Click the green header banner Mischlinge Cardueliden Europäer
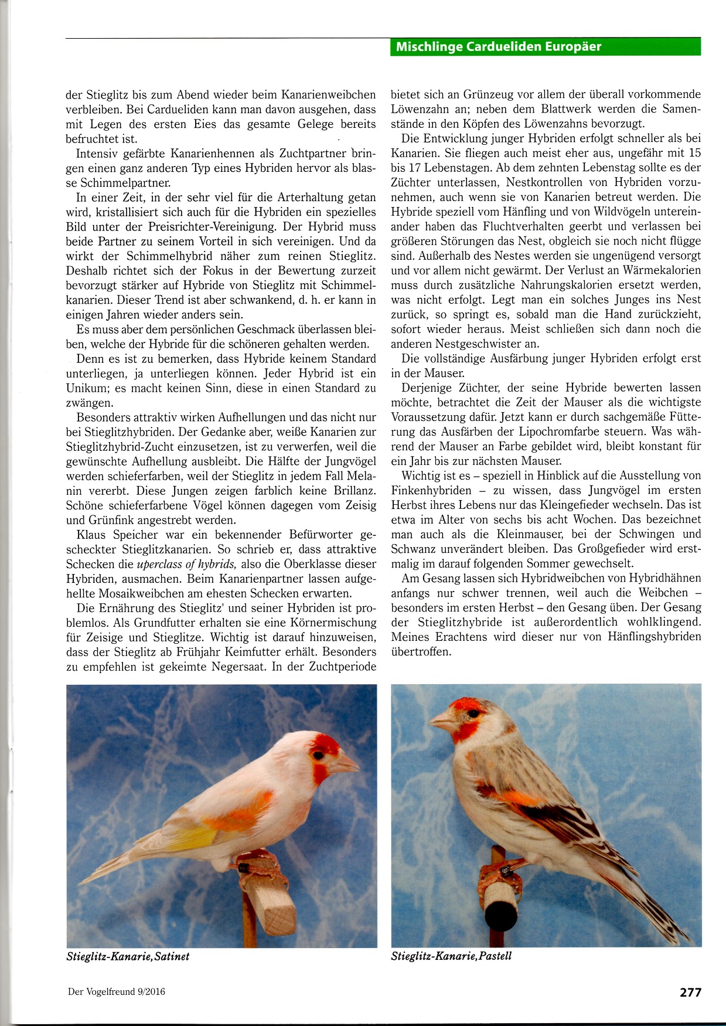pyautogui.click(x=545, y=46)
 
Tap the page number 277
pyautogui.click(x=690, y=992)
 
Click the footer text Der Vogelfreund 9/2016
pyautogui.click(x=117, y=992)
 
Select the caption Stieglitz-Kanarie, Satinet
pyautogui.click(x=128, y=956)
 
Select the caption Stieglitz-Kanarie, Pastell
pyautogui.click(x=451, y=956)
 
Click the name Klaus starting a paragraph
pyautogui.click(x=93, y=535)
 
